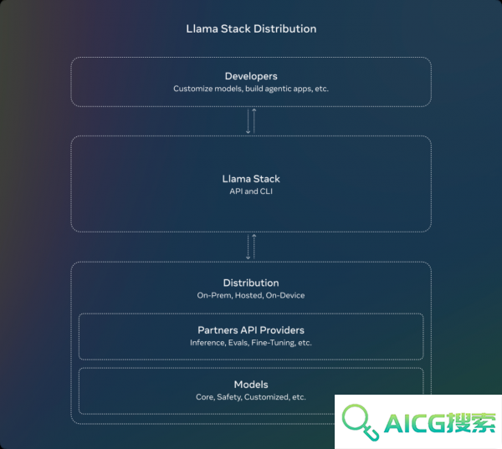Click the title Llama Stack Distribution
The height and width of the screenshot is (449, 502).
(251, 28)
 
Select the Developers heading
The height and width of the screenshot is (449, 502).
(251, 76)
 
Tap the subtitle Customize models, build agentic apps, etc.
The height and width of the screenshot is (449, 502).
(251, 89)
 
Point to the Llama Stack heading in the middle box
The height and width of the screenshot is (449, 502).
(251, 179)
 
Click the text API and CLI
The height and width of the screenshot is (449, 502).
(251, 191)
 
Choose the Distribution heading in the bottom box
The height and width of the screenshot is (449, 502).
(251, 283)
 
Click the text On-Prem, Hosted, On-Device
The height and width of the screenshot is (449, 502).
(251, 295)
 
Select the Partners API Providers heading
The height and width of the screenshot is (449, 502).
(251, 330)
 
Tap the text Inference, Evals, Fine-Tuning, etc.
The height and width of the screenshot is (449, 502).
(251, 343)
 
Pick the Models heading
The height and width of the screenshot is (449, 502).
(251, 385)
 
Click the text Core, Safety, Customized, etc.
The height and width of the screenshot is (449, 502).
(251, 397)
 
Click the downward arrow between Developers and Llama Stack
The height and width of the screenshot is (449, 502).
(248, 121)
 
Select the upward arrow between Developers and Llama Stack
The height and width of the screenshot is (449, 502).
(254, 121)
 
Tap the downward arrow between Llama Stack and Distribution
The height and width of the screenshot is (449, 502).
(248, 247)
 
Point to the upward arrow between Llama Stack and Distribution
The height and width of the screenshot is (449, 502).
(254, 247)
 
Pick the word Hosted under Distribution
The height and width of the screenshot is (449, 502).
(249, 295)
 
